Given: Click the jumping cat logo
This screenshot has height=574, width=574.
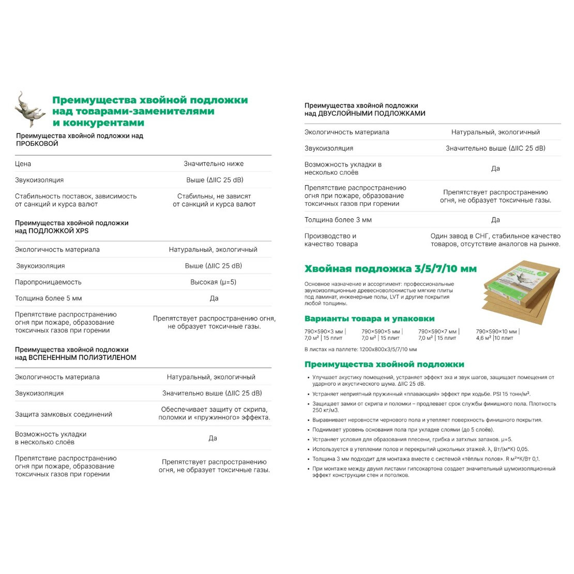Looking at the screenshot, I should [x=29, y=109].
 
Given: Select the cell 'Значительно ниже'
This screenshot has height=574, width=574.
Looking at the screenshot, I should [x=214, y=164].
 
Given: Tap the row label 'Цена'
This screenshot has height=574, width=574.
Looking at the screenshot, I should [x=23, y=164].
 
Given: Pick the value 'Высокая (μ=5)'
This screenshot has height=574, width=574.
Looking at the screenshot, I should [x=214, y=282].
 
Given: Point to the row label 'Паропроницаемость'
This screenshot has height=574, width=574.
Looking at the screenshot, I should [x=48, y=282].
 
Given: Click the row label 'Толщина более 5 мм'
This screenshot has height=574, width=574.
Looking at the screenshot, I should [x=48, y=298].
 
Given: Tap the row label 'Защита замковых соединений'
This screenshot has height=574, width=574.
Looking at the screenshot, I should [x=64, y=415].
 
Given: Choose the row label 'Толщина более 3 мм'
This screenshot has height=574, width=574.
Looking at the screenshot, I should [x=338, y=220].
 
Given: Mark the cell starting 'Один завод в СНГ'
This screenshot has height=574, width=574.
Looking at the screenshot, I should [x=495, y=240].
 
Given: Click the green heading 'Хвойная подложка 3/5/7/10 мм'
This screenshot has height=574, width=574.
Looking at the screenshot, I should [x=390, y=269].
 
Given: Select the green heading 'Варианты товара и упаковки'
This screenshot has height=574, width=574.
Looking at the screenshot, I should [x=369, y=319].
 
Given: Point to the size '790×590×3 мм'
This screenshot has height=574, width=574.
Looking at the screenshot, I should [x=324, y=331].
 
